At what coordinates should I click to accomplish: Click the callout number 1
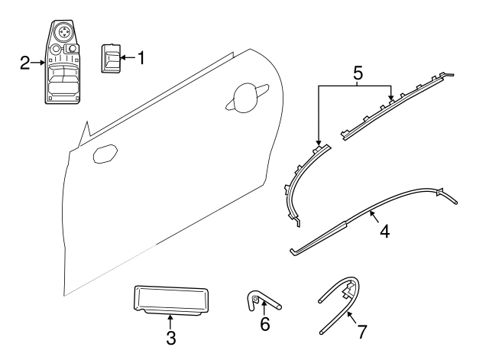point(140,57)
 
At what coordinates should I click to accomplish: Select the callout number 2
point(24,63)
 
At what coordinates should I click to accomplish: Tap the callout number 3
point(170,336)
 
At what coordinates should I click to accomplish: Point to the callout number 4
point(384,230)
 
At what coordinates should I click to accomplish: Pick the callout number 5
point(358,75)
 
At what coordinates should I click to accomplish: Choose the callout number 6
point(265,324)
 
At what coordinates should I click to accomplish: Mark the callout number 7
point(361,332)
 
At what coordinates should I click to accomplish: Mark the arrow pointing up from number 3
point(170,320)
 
